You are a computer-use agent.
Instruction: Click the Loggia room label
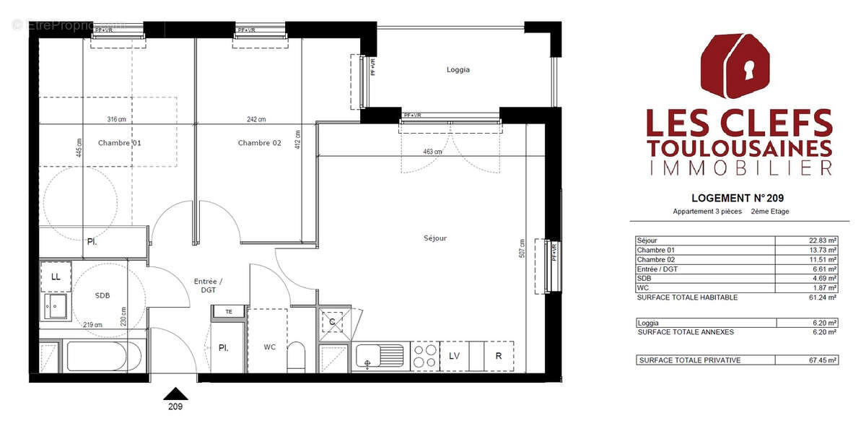(x=458, y=70)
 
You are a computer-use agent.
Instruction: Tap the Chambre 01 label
(x=119, y=143)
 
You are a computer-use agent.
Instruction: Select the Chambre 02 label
(x=259, y=143)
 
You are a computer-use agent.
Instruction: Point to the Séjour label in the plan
(x=435, y=238)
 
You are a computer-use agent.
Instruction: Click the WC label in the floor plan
(x=269, y=347)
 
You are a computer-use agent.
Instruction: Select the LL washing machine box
(x=56, y=277)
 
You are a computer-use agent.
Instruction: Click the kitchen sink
(x=380, y=356)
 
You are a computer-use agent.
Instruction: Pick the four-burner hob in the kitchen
(x=424, y=356)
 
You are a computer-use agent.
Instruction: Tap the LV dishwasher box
(x=454, y=356)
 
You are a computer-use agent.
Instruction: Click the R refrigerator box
(x=498, y=356)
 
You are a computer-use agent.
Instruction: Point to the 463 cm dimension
(x=433, y=152)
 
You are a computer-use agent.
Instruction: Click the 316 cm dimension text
(x=117, y=120)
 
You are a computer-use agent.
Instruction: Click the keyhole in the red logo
(x=749, y=71)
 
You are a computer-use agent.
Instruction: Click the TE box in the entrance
(x=229, y=312)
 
